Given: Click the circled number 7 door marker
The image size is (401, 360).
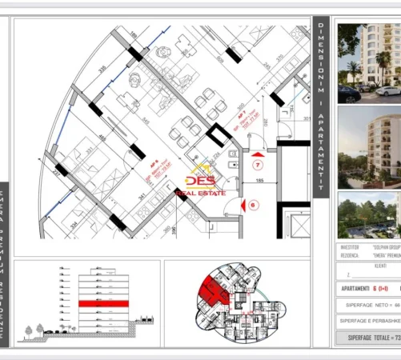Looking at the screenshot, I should [x=258, y=166].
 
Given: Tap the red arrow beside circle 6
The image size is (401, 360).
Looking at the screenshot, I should [x=231, y=204].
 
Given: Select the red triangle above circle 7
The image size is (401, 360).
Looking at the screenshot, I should [x=257, y=151].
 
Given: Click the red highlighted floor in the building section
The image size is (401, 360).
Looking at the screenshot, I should [x=98, y=303].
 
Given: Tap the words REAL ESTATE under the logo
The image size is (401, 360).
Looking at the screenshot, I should [x=206, y=193].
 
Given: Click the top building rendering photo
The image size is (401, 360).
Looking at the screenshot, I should [x=369, y=62].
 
